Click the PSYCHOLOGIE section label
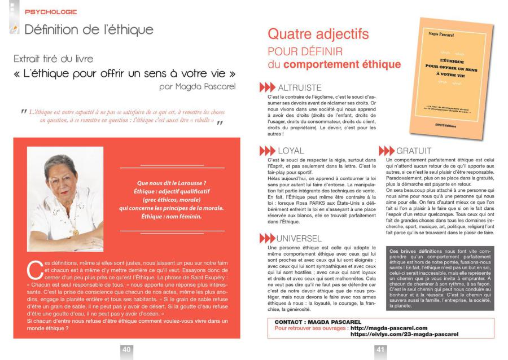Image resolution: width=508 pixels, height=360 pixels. click(x=51, y=11)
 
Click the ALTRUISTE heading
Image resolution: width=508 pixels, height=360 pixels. click(x=300, y=88)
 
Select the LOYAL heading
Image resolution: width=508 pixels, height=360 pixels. click(x=291, y=151)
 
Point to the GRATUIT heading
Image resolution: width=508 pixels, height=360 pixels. click(x=414, y=151)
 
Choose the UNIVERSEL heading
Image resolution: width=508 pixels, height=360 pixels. click(x=299, y=238)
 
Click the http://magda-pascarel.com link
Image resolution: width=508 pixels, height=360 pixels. click(x=389, y=327)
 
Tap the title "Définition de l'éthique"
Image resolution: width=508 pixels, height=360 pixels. click(x=89, y=29)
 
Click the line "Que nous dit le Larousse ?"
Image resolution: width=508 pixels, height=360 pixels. click(x=172, y=182)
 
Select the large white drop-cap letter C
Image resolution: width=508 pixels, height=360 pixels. click(x=34, y=269)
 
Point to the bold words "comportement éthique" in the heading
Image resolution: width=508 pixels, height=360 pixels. click(x=342, y=64)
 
